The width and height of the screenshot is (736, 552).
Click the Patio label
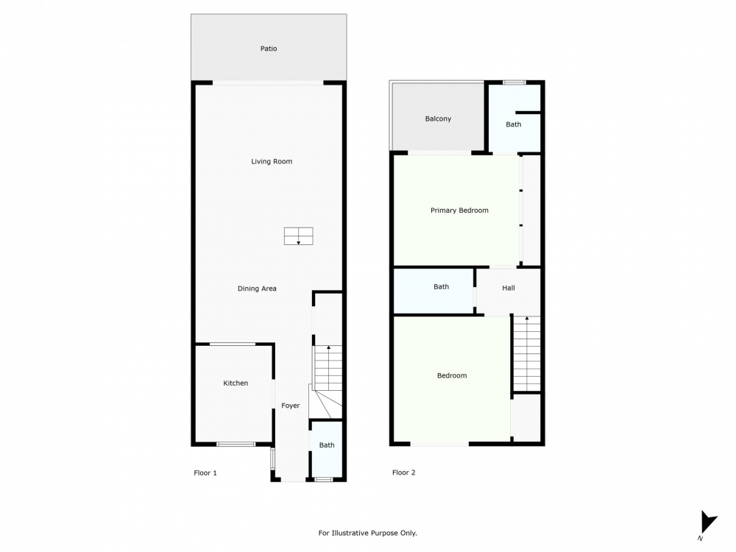[x=269, y=49]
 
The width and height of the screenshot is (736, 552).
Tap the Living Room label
[x=272, y=161]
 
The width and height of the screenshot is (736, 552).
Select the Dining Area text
[x=257, y=289]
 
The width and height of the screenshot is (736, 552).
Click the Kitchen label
[x=236, y=383]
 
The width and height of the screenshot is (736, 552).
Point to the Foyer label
[x=290, y=406]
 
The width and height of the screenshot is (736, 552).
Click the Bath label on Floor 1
[x=327, y=445]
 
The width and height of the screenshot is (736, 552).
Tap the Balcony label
[x=438, y=118]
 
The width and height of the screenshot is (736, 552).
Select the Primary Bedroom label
[x=459, y=210]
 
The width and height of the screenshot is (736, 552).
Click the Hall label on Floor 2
[x=509, y=289]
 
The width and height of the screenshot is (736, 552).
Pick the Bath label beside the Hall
[x=441, y=287]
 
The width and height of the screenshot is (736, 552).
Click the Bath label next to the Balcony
[x=513, y=124]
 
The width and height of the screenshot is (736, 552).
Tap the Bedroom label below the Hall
[x=452, y=375]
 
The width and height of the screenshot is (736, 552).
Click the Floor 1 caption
[x=205, y=473]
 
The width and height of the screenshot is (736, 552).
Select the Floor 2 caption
[x=403, y=473]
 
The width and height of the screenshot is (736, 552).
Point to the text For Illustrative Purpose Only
[x=367, y=533]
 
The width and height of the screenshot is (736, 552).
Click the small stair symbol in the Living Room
[x=299, y=236]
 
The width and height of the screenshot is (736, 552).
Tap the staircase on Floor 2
[x=527, y=353]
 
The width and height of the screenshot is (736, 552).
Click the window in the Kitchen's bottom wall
[x=236, y=444]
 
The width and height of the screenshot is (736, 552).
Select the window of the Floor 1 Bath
[x=323, y=479]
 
